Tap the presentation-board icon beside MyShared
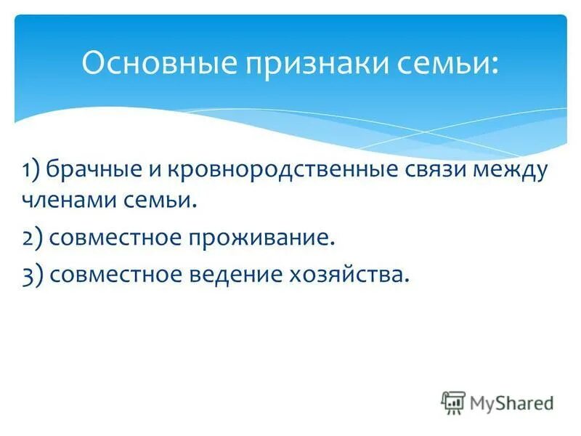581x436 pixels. pos(453,402)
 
